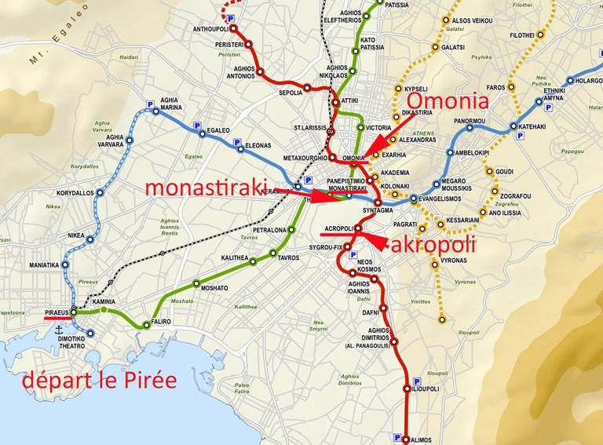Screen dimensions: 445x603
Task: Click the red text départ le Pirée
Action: [99, 382]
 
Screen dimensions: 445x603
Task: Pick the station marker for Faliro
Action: [145, 323]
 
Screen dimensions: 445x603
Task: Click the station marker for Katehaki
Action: [515, 126]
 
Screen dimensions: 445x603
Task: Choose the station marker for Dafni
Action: [384, 308]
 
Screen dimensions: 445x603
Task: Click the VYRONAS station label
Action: [453, 260]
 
